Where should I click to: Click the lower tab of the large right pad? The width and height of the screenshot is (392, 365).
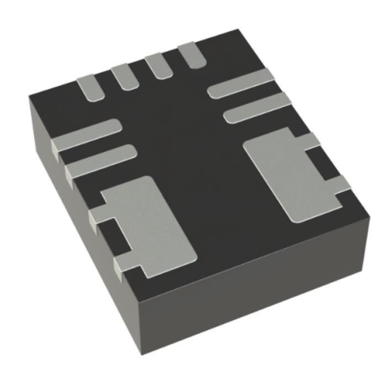[x=337, y=193]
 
